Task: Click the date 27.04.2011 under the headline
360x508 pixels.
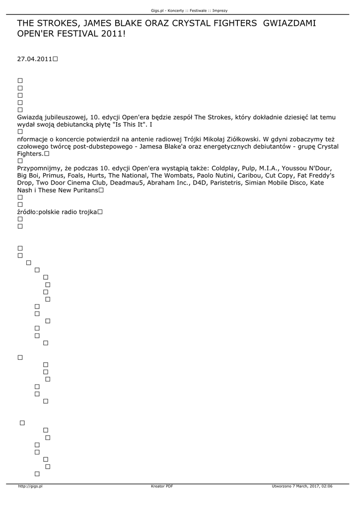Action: (x=35, y=59)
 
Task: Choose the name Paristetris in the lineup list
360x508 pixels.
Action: (x=225, y=183)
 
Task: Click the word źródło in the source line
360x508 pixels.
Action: (x=27, y=212)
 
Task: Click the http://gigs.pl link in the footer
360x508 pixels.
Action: (x=30, y=486)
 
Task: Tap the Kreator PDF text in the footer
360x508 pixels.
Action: (x=162, y=486)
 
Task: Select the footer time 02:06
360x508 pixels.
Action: (x=326, y=486)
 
